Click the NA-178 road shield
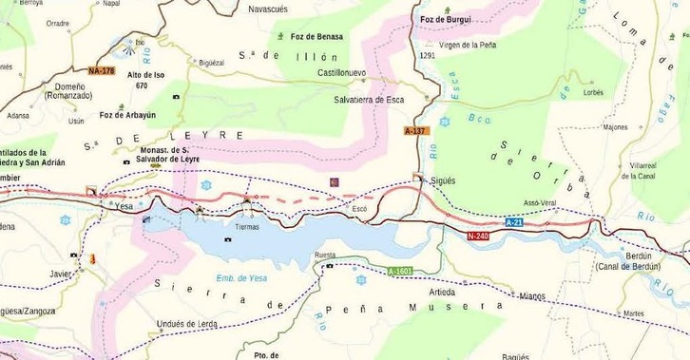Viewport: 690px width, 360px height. [101, 71]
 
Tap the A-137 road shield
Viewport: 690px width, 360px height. [416, 130]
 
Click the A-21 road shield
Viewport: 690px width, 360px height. [514, 221]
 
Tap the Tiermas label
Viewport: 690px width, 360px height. [246, 227]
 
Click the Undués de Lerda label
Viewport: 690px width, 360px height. [188, 324]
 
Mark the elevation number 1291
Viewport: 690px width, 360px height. [426, 56]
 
